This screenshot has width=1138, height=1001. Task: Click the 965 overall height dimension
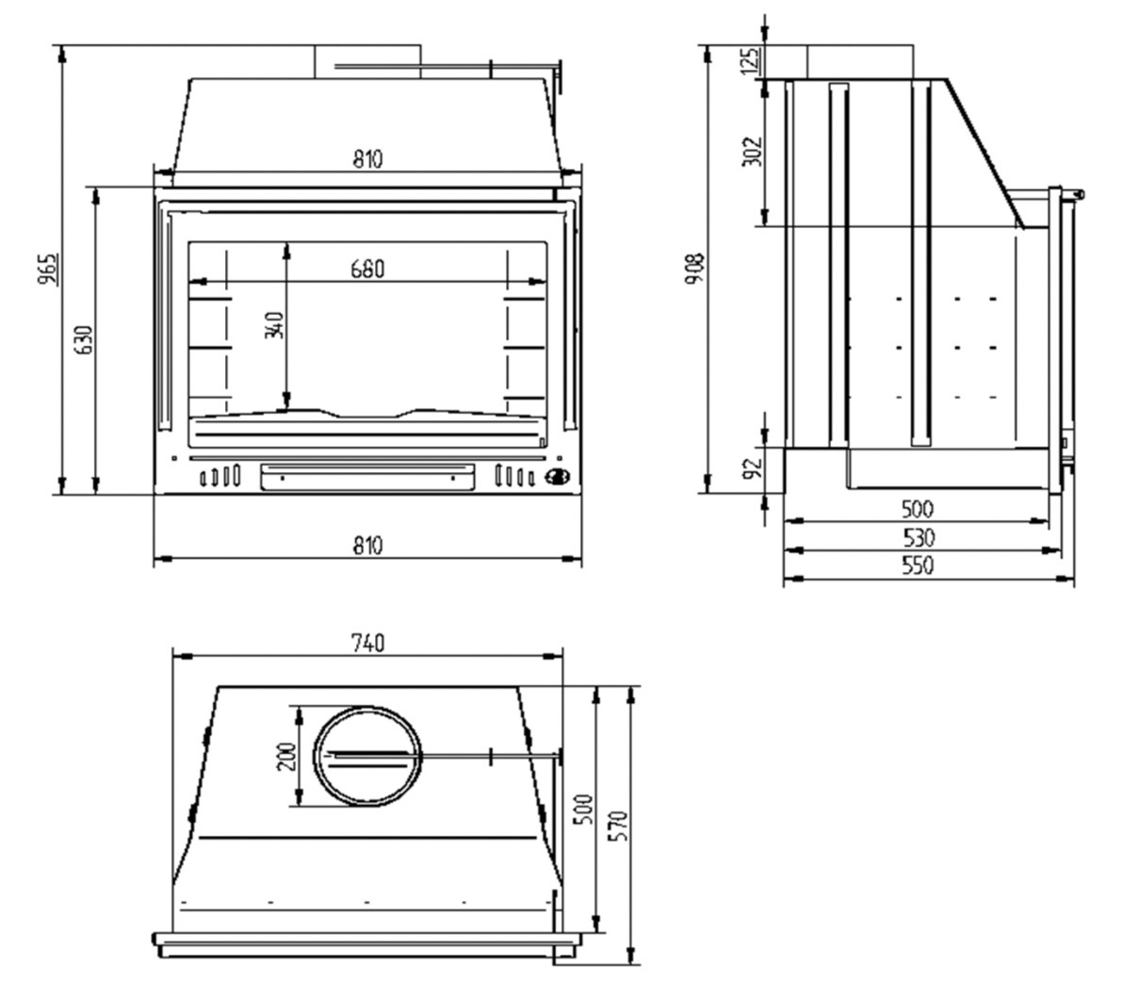point(48,270)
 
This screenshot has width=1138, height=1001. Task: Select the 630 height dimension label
point(83,340)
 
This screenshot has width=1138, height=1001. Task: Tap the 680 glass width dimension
point(368,270)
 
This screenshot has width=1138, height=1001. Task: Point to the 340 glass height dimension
point(275,325)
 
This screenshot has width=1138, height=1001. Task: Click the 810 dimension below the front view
point(368,546)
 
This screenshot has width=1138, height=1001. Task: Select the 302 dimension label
point(752,152)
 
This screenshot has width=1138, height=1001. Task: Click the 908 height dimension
point(695,269)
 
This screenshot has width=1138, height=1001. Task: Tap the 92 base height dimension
point(752,468)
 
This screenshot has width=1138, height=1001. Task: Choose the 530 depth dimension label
point(919,538)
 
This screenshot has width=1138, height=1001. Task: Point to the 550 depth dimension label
point(918,565)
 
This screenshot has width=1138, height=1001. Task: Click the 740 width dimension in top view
point(368,644)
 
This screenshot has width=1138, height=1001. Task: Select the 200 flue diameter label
point(286,757)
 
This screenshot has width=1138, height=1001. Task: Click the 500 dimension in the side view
point(918,509)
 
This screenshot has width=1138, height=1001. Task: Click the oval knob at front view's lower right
point(557,477)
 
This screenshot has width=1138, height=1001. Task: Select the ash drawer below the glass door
point(367,477)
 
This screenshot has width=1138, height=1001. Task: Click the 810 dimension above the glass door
point(368,159)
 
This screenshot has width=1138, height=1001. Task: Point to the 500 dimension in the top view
point(584,810)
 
